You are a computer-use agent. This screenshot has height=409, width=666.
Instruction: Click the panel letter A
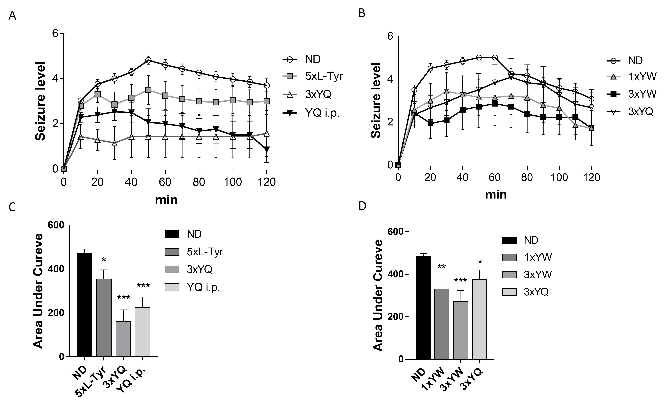point(12,16)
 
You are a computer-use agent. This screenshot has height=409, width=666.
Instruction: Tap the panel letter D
point(362,206)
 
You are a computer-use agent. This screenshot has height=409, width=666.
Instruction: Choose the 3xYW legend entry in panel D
point(527,275)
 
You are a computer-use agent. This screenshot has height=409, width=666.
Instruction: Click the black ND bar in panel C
point(84,305)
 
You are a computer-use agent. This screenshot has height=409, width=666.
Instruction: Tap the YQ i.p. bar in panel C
point(143,332)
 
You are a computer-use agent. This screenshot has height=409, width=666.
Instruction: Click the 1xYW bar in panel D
point(442,324)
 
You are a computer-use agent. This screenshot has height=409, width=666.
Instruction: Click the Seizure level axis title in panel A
point(40,101)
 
